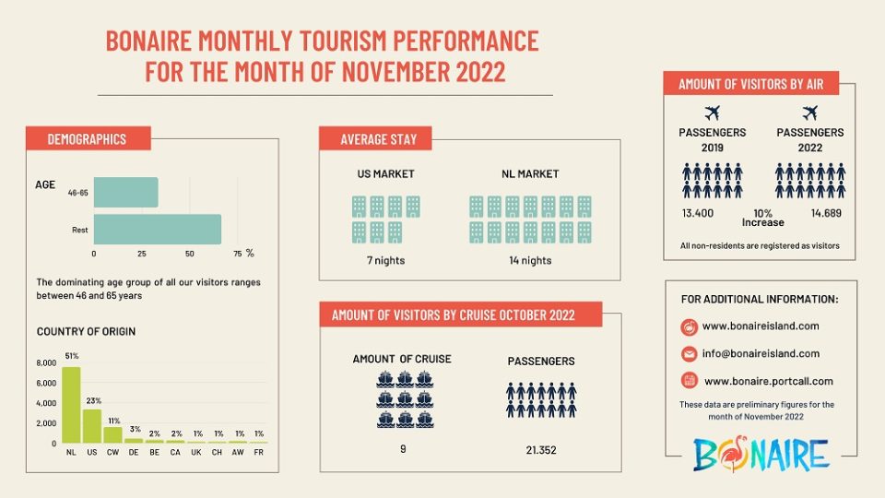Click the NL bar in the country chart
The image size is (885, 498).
pos(71,406)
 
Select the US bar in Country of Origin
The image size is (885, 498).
pos(92,426)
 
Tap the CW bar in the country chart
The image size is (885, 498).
pos(112,434)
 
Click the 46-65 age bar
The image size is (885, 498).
pos(125,193)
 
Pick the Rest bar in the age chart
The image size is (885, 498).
pos(157,230)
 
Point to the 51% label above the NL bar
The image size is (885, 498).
pos(71,356)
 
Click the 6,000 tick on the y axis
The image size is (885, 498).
pos(46,362)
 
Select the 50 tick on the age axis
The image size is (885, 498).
pos(189,253)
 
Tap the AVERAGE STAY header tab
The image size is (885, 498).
pos(379,139)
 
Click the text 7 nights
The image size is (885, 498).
pos(385,260)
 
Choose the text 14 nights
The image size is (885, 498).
pos(530,260)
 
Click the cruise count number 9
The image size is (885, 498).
pos(404,449)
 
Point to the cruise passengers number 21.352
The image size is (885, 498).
pos(540,450)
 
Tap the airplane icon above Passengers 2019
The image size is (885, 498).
pos(712,113)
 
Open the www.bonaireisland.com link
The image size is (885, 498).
pos(761,326)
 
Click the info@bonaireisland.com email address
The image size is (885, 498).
pos(761,353)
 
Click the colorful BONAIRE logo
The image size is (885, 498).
pos(761,454)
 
